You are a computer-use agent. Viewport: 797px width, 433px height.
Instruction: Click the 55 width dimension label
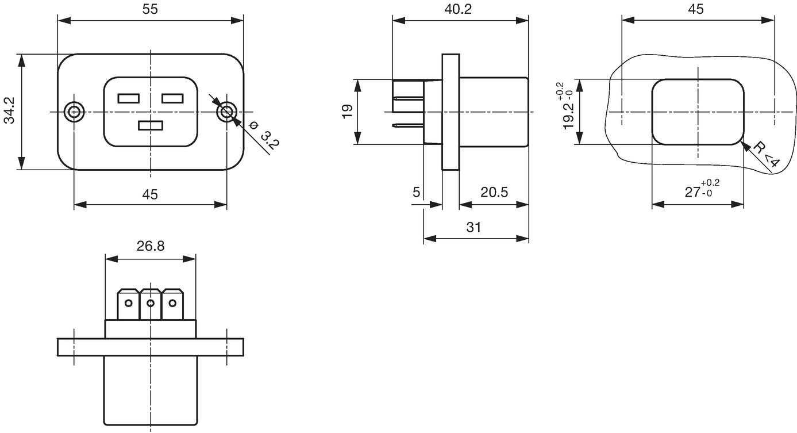coord(150,9)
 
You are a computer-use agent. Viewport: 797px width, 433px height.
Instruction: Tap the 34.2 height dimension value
coord(10,110)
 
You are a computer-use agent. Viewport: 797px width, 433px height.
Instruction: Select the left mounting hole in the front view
coord(74,112)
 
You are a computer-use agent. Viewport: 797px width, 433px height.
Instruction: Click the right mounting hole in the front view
coord(226,112)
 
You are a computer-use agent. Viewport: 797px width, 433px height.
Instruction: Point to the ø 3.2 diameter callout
coord(265,135)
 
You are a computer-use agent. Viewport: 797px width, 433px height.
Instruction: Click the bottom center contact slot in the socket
coord(151,126)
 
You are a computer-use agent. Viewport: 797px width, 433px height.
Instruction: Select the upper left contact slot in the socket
coord(129,98)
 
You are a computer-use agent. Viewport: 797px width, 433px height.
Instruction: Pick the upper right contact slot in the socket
coord(172,98)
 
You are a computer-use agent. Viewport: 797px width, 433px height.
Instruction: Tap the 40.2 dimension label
coord(458,9)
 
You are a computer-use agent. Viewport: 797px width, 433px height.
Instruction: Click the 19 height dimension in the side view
coord(348,111)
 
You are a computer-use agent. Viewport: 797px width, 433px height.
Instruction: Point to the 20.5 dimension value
coord(494,192)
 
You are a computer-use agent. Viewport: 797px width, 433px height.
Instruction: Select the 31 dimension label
coord(473,227)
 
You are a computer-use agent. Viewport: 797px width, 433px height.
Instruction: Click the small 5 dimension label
coord(416,192)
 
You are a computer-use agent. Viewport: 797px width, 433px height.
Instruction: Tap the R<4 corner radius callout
coord(766,155)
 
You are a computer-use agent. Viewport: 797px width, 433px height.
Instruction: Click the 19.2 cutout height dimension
coord(568,106)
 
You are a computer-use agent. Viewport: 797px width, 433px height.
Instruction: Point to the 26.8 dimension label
coord(151,246)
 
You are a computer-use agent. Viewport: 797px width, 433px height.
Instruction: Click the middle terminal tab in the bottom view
coord(151,304)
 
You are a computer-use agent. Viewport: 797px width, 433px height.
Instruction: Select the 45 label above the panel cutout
coord(696,9)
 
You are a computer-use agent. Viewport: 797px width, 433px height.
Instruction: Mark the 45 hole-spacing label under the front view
coord(150,194)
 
